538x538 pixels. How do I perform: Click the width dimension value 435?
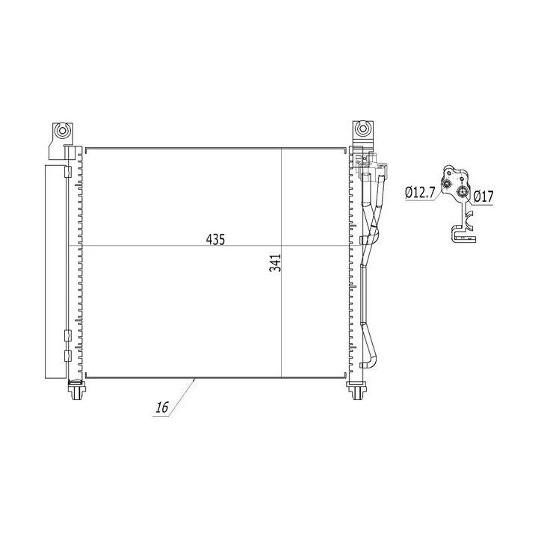215,239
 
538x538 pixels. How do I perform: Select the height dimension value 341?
275,263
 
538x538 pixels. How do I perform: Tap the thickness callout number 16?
162,407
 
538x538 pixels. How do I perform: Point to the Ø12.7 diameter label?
420,193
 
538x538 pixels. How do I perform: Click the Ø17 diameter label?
483,197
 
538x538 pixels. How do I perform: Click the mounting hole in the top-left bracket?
62,130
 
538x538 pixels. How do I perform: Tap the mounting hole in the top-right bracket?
362,129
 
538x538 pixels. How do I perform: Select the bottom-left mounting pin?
76,390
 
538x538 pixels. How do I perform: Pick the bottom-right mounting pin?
357,391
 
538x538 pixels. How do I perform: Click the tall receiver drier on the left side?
55,272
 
